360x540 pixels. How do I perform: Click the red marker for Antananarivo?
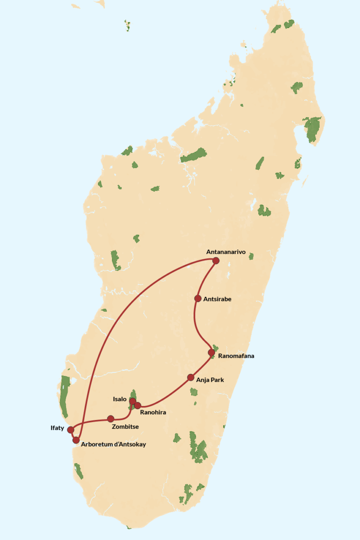click(x=216, y=261)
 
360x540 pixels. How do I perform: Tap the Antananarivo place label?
click(x=226, y=252)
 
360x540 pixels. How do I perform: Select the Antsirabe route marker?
click(x=198, y=299)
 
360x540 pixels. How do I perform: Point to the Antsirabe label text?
click(x=218, y=299)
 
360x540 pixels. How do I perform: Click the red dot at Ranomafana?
click(x=211, y=352)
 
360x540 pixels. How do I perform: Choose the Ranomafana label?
click(x=236, y=356)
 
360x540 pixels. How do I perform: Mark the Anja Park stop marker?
click(x=191, y=377)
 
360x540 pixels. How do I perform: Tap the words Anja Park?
click(x=210, y=380)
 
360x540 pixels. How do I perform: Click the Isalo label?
click(x=120, y=399)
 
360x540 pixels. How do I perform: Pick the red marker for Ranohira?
click(x=138, y=405)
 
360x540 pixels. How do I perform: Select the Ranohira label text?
click(x=153, y=412)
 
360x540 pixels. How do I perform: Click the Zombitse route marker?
click(x=111, y=419)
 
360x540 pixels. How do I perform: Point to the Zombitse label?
click(x=125, y=427)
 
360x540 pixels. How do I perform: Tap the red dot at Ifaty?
click(x=71, y=430)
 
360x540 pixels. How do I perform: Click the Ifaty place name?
click(x=57, y=428)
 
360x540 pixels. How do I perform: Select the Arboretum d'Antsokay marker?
click(x=76, y=440)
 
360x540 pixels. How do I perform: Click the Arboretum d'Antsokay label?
click(x=113, y=444)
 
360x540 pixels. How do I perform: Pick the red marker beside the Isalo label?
click(x=133, y=401)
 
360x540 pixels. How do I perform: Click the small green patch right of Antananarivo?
click(x=251, y=256)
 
